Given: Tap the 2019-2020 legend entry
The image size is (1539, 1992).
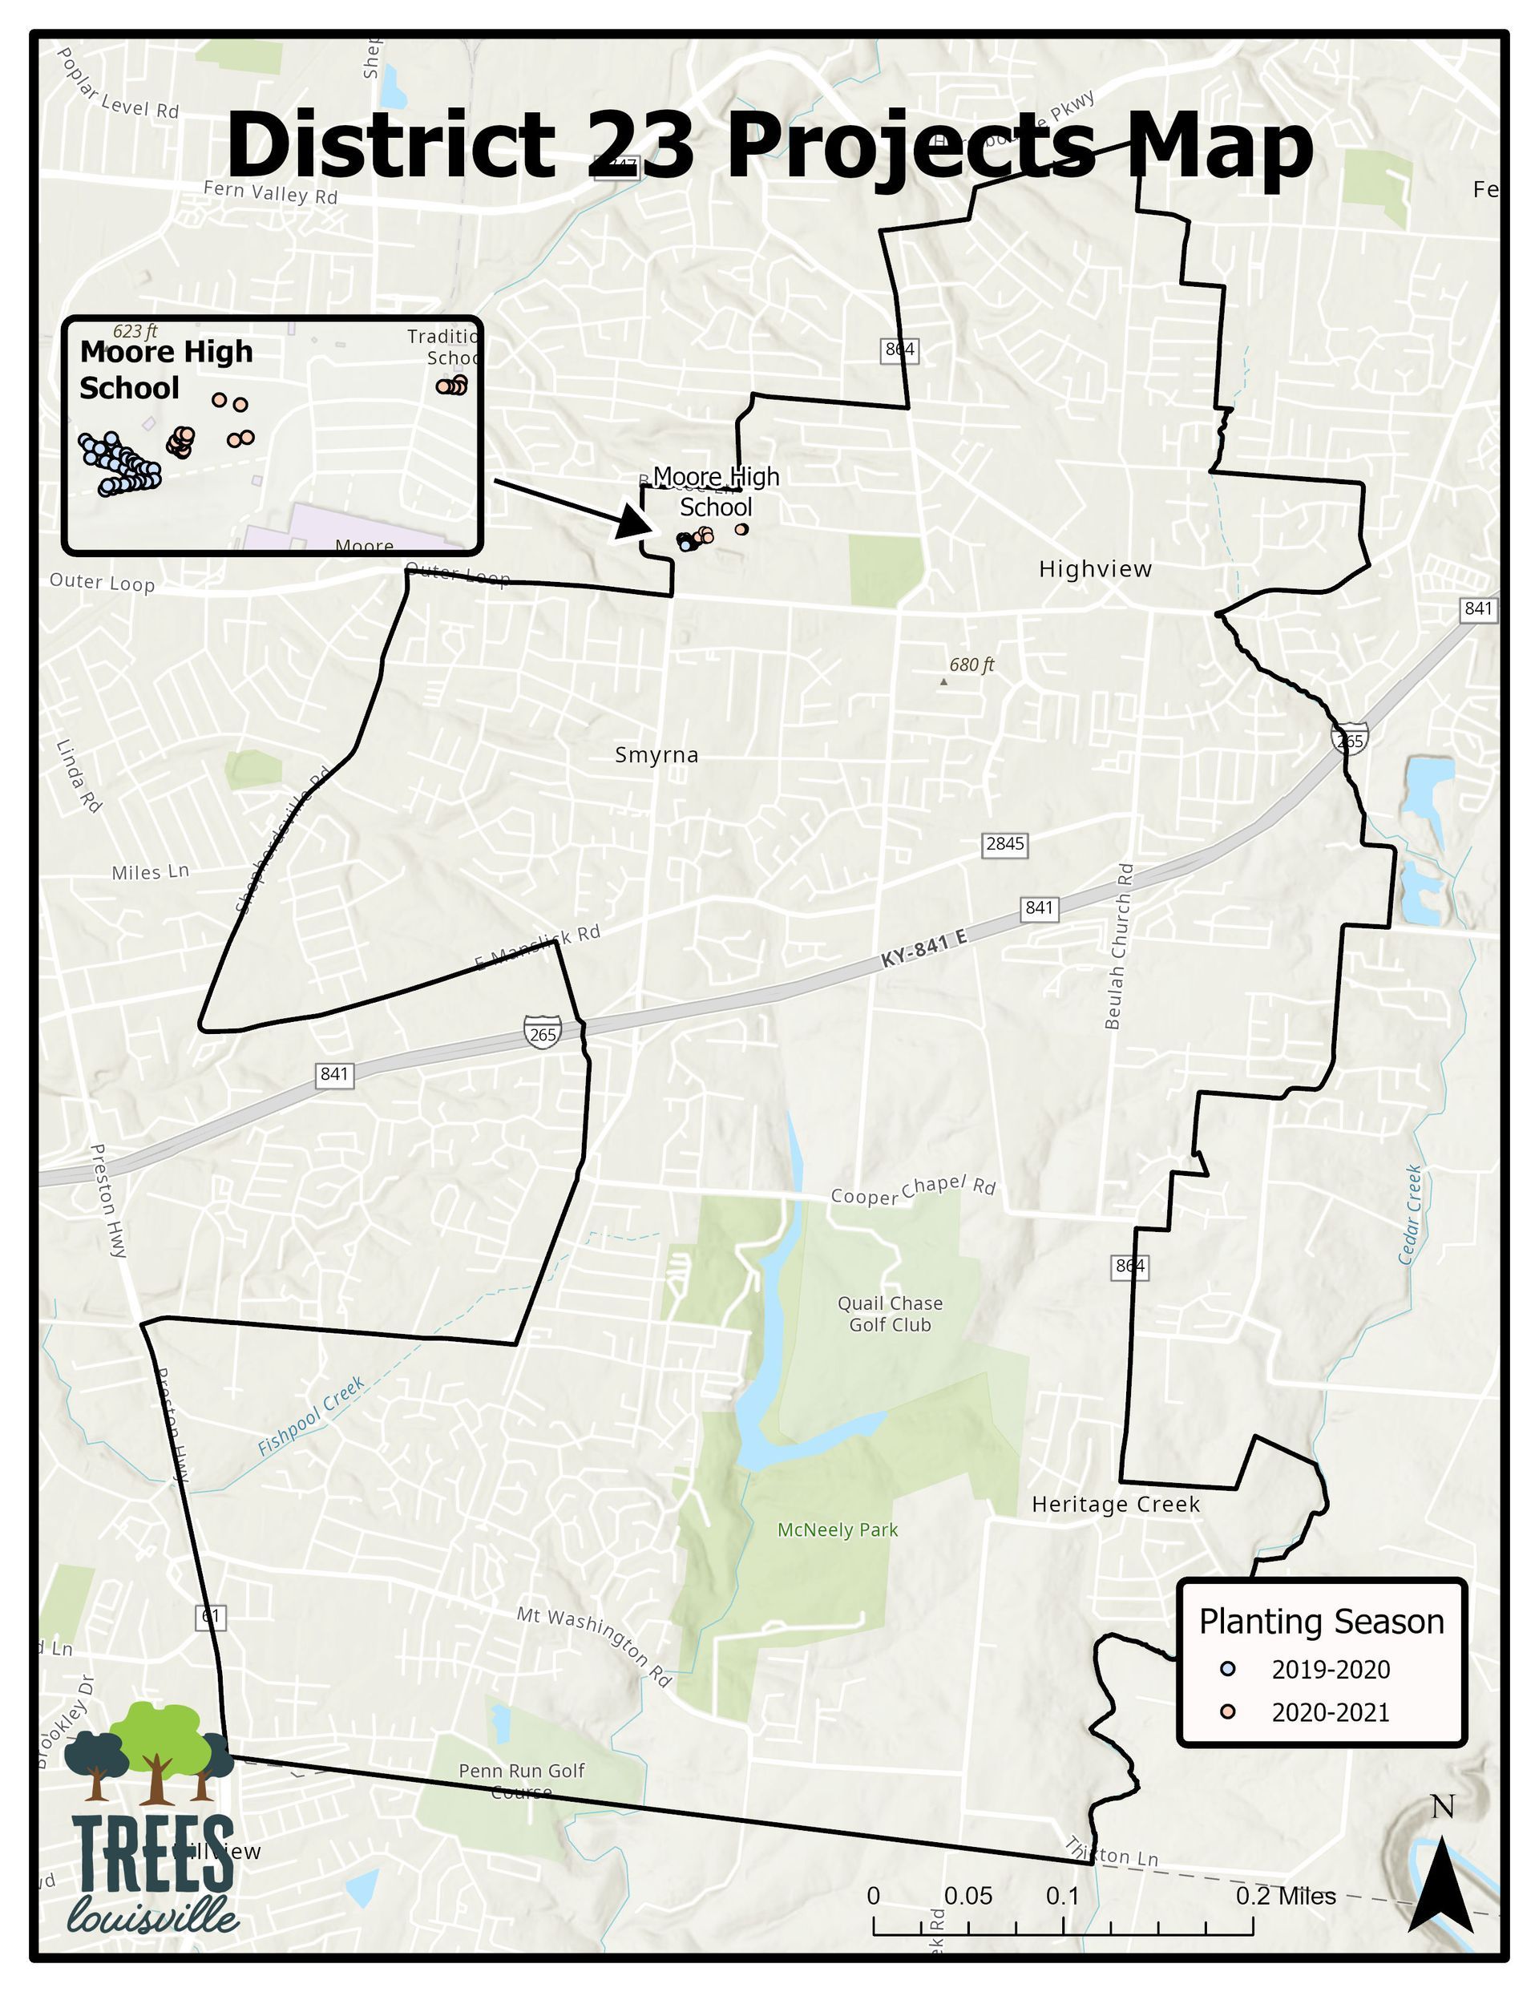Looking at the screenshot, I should coord(1330,1670).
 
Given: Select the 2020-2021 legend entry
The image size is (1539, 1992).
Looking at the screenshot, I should coord(1330,1713).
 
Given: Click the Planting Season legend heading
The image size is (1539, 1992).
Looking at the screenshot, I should coord(1321,1622).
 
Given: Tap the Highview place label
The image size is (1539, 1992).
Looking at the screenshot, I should coord(1095,569).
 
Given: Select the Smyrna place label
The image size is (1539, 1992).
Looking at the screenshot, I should coord(656,755).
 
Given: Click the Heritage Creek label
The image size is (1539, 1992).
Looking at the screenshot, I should coord(1115,1505).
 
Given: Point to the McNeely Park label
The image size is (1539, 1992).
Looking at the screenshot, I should coord(838,1530).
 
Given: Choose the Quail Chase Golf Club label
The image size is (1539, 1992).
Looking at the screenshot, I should coord(891,1315).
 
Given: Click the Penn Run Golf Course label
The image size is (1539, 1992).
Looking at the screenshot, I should coord(521,1780).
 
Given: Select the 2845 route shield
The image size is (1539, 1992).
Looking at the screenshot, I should coord(1004,843).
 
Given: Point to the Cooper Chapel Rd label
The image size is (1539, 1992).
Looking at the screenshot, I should coord(912,1190).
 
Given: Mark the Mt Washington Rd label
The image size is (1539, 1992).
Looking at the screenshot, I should coord(594,1646).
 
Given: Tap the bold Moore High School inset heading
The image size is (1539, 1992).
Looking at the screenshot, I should coord(166,370).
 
